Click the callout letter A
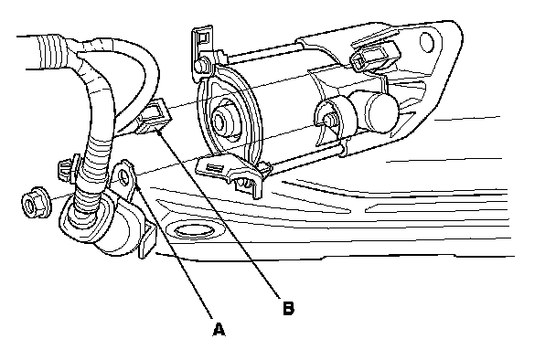point(219,329)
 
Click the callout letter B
point(288,308)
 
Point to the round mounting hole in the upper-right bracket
point(426,42)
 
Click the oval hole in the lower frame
point(192,231)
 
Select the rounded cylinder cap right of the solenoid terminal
point(380,111)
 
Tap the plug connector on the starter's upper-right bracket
point(375,55)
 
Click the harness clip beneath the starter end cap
point(230,171)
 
